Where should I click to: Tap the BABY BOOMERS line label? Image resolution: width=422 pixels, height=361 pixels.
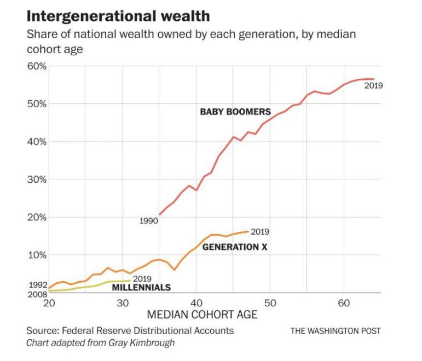(x=235, y=112)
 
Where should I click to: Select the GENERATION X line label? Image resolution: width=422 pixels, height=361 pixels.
(x=235, y=247)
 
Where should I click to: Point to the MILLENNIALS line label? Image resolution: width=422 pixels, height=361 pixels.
(x=141, y=288)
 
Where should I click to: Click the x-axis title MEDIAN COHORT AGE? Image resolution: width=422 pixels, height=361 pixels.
(x=203, y=315)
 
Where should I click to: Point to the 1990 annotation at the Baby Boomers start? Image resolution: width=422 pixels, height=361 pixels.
(x=148, y=222)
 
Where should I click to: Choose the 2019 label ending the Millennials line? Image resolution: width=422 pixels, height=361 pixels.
(x=142, y=279)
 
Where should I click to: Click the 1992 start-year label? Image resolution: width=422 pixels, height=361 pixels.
(x=37, y=285)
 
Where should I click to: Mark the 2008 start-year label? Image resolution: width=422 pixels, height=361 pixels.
(x=37, y=294)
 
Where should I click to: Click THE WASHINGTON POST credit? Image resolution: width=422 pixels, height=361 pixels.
(x=335, y=331)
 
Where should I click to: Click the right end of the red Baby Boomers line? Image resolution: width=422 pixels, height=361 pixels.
(x=373, y=79)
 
